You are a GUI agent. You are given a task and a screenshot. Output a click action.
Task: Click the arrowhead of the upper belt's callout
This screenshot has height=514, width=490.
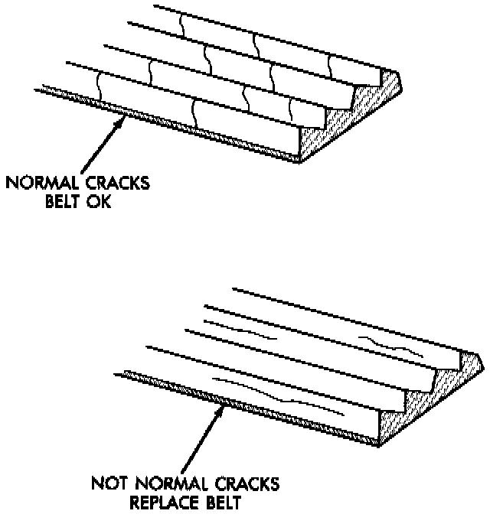(x=122, y=117)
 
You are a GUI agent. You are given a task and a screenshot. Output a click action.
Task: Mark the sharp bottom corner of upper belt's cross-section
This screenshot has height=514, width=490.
(x=301, y=161)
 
